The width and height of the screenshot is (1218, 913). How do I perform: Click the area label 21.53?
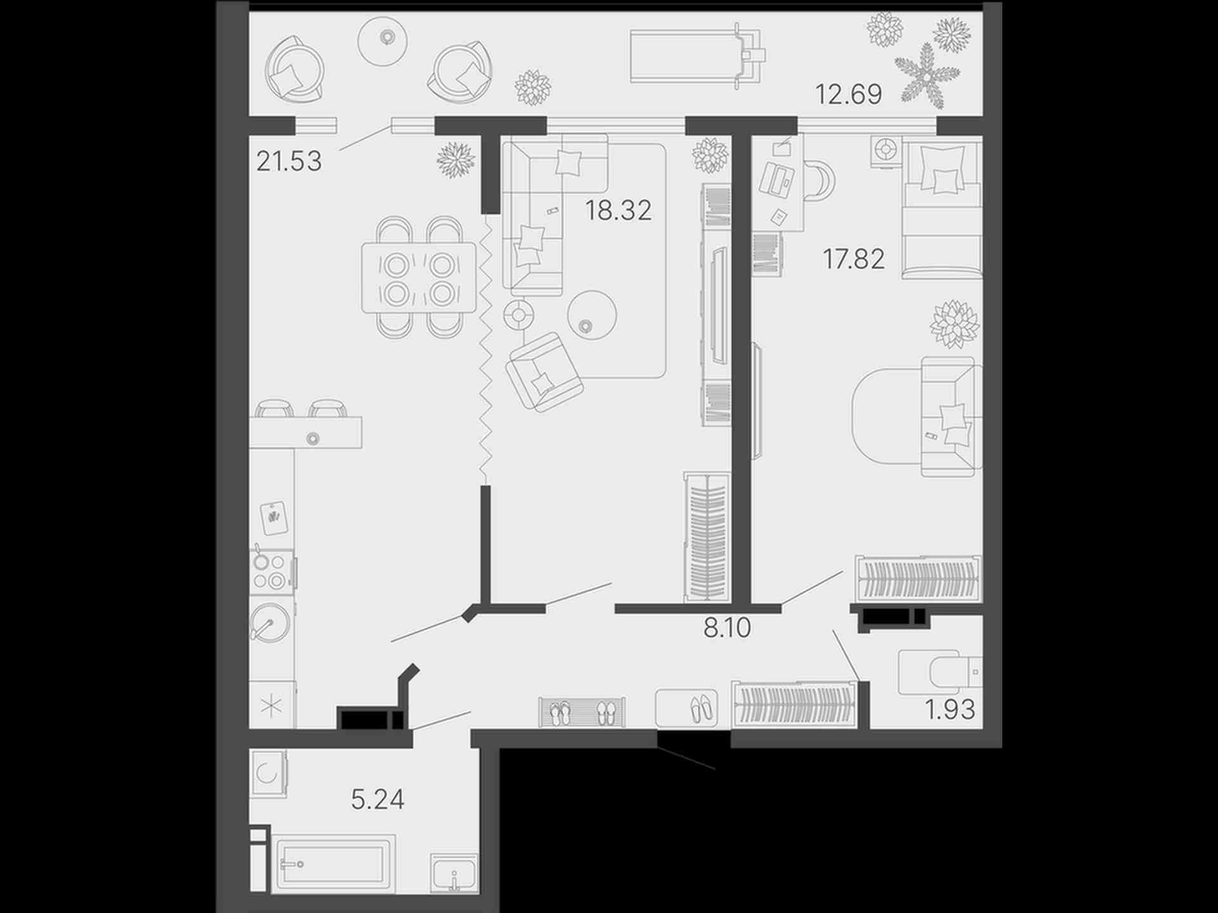coord(289,161)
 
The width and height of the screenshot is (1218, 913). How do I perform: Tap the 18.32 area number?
coord(618,210)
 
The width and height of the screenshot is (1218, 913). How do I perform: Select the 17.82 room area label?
coord(853,259)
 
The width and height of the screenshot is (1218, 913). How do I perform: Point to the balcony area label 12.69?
coord(848,94)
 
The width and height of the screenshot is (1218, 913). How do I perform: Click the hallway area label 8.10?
coord(727,627)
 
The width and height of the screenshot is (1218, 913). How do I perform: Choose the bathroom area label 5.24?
coord(377,799)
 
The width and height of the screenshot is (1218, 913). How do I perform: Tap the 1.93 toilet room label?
coord(950,709)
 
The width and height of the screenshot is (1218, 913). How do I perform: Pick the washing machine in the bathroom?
coord(268,774)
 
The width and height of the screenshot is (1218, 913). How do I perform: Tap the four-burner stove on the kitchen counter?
coord(271,572)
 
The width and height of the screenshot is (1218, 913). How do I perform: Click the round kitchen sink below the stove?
coord(271,622)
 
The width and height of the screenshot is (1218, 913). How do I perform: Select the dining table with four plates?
coord(419,277)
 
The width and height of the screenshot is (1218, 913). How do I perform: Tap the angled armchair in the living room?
coord(544,372)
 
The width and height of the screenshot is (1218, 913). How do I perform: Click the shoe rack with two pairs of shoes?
coord(582,712)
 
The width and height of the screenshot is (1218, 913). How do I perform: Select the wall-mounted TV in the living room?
coord(718,306)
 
